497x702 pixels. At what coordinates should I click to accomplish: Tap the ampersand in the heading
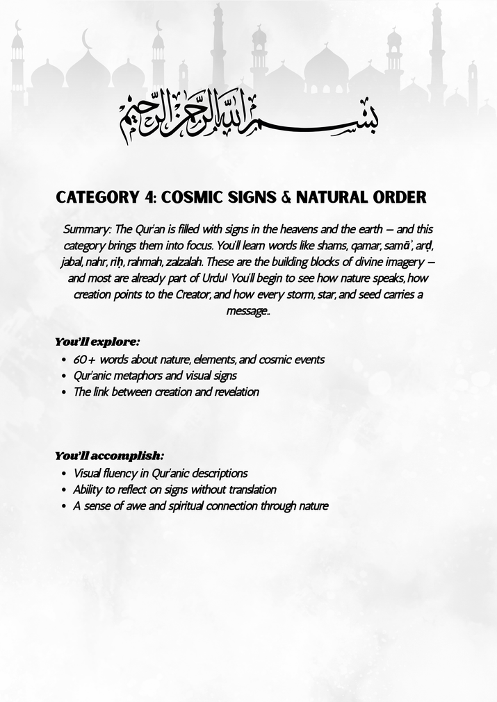coord(286,197)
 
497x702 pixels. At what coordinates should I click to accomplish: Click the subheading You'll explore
coord(97,342)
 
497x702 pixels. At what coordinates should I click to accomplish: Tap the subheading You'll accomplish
coord(109,456)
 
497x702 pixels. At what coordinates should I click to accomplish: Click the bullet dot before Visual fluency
coord(63,474)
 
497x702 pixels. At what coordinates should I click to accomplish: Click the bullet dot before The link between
coord(63,392)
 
